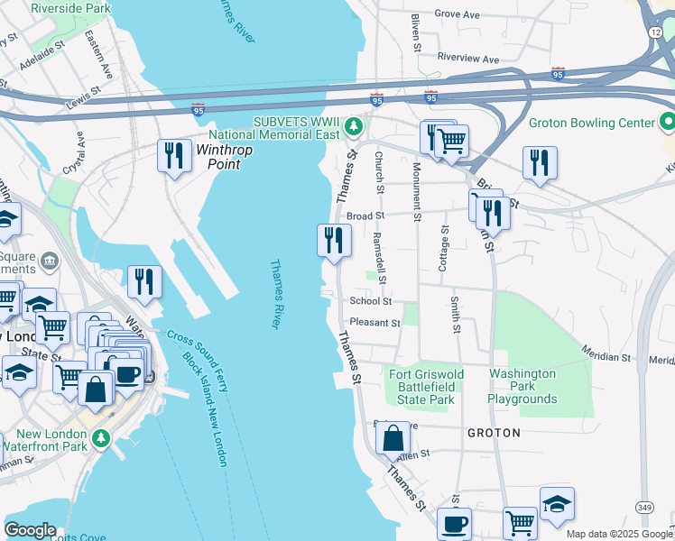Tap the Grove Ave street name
tap(457, 14)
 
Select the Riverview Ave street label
tap(467, 59)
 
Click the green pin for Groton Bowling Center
tap(667, 120)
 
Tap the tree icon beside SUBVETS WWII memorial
tap(356, 125)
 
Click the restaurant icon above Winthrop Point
tap(172, 155)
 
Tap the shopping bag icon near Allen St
tap(393, 439)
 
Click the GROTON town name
tap(494, 433)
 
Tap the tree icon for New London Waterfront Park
tap(101, 438)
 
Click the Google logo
tap(30, 530)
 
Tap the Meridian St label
tap(604, 356)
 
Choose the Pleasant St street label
tap(375, 322)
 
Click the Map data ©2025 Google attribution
tap(618, 534)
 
